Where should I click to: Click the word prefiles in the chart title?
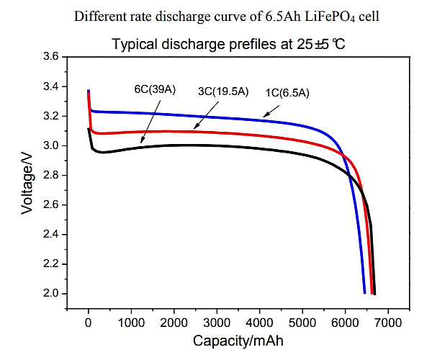tap(247, 45)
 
